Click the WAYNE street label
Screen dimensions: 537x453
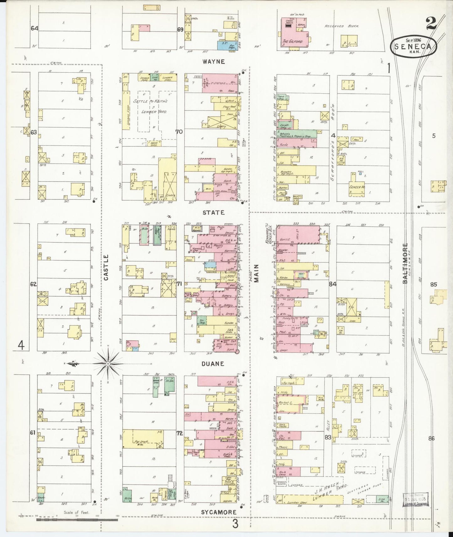[x=213, y=62]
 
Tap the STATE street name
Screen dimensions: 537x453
[x=213, y=212]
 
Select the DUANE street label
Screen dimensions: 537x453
[x=213, y=364]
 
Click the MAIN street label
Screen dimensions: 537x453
[x=256, y=273]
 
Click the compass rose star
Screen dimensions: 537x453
[x=108, y=364]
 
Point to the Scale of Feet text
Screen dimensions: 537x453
[x=76, y=513]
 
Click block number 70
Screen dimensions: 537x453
[x=179, y=132]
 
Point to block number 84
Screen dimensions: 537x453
[x=333, y=284]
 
